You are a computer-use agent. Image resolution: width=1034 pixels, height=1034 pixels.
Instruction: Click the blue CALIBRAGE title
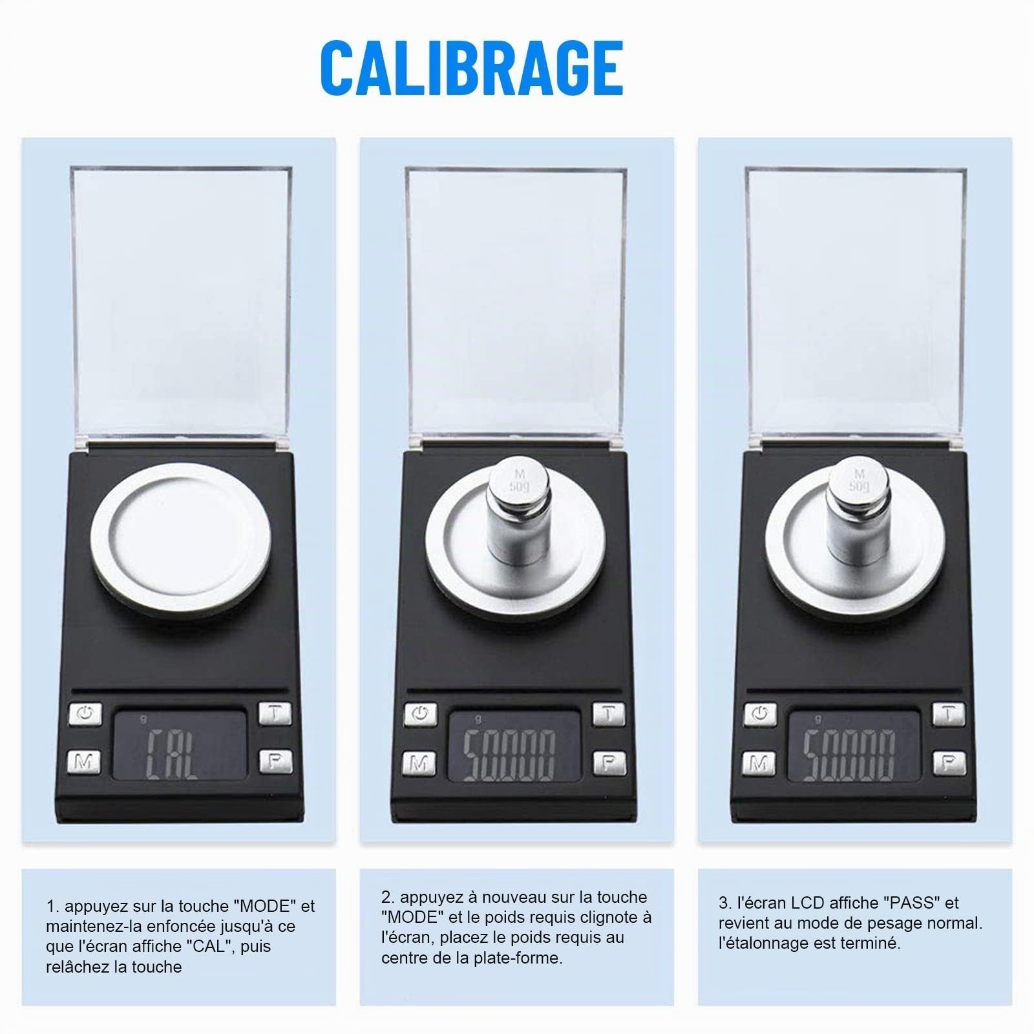point(471,68)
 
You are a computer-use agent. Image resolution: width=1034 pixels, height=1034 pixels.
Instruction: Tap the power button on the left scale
point(85,714)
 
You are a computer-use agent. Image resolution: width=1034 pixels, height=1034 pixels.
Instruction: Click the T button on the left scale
point(275,713)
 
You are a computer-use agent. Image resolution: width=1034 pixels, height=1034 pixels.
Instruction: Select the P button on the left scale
point(276,762)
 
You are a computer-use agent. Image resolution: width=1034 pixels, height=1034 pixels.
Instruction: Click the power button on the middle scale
point(421,714)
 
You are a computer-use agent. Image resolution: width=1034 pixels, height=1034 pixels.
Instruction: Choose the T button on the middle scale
point(609,713)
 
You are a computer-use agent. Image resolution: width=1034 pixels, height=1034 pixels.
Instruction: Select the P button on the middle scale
point(609,763)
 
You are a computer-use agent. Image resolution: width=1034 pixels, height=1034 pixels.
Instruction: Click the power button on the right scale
point(760,714)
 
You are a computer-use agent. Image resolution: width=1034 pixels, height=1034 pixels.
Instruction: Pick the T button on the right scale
point(948,713)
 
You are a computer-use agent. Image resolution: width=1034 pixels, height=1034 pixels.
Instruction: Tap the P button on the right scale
point(949,763)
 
